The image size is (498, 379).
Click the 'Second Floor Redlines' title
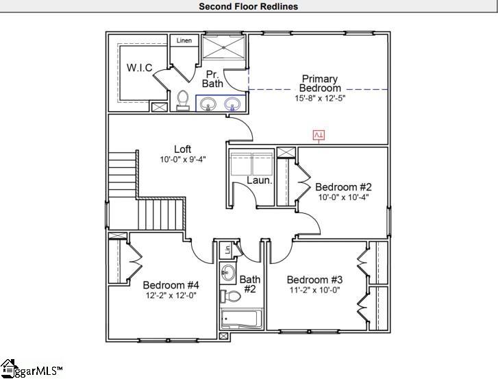click(x=249, y=7)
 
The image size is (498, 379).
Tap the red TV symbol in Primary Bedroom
click(x=319, y=135)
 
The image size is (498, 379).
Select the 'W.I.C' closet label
click(x=139, y=67)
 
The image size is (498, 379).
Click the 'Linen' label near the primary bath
click(x=184, y=40)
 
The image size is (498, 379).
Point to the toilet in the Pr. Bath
click(x=183, y=101)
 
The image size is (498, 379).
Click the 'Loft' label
click(x=182, y=149)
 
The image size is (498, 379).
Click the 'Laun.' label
click(x=260, y=181)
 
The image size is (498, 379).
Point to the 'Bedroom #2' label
click(x=343, y=187)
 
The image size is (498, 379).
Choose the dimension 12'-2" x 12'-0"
click(x=171, y=295)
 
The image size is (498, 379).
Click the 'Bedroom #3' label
click(x=314, y=280)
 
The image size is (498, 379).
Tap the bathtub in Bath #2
click(x=240, y=319)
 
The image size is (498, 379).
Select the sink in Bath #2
click(x=228, y=273)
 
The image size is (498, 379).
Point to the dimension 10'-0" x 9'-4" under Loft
click(x=182, y=159)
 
